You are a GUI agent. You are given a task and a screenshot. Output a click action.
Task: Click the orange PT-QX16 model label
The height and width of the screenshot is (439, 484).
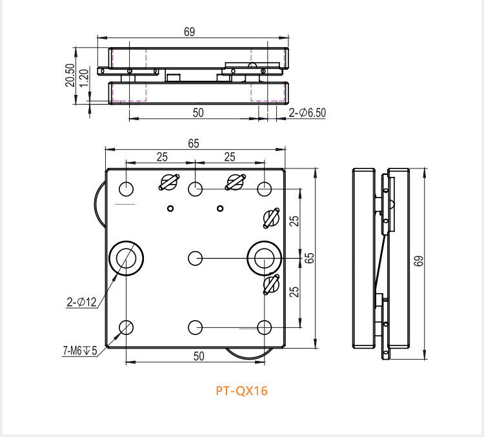click(x=241, y=391)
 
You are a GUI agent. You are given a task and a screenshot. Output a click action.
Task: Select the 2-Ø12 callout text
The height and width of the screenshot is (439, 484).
click(x=81, y=301)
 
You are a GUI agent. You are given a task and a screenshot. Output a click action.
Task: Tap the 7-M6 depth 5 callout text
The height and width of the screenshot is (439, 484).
click(x=80, y=351)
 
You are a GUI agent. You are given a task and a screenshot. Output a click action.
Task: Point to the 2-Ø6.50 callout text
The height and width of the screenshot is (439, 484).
click(x=308, y=112)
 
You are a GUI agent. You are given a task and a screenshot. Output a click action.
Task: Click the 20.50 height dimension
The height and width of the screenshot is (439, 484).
click(x=70, y=76)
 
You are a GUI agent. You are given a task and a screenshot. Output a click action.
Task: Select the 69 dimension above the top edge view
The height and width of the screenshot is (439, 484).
click(x=189, y=32)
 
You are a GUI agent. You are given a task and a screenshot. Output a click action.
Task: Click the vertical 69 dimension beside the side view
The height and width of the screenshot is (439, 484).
click(x=419, y=261)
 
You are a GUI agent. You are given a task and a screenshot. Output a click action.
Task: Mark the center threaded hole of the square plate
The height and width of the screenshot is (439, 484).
click(x=196, y=258)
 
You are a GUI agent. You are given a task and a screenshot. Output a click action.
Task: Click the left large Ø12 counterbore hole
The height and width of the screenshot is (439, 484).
click(x=126, y=258)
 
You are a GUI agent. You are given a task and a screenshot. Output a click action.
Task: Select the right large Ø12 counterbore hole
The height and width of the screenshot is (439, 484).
click(x=264, y=258)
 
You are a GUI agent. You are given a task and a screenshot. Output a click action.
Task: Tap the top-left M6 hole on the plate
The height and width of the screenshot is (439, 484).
click(x=126, y=189)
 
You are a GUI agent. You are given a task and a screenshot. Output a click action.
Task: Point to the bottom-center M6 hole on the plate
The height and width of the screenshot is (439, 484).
click(x=196, y=327)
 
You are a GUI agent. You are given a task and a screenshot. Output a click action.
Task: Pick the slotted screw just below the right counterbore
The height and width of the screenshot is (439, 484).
click(x=270, y=285)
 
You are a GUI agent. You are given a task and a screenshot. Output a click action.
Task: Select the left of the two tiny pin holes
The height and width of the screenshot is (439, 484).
click(x=170, y=208)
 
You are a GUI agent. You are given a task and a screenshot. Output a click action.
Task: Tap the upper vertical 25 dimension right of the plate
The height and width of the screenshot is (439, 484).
click(x=295, y=221)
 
